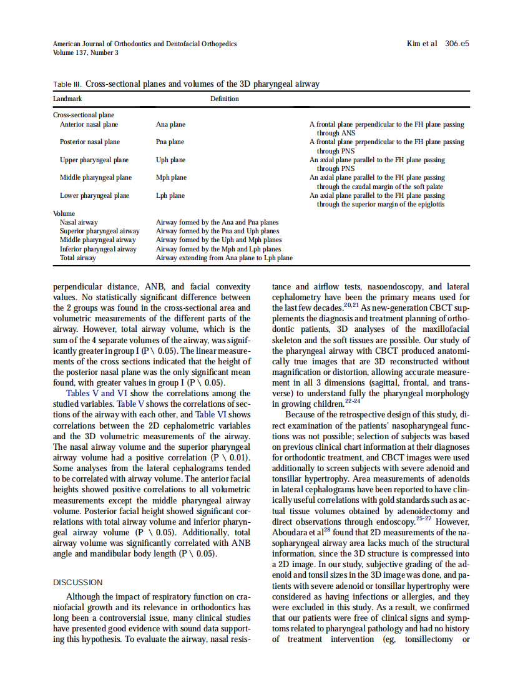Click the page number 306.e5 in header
tap(457, 44)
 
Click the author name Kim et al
tap(421, 44)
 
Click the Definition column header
tap(224, 99)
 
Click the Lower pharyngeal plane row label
tap(94, 195)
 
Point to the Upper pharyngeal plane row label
tap(94, 160)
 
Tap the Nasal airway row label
tap(79, 222)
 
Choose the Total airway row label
tap(77, 258)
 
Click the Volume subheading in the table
tap(64, 213)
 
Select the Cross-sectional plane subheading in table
tap(83, 115)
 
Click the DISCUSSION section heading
tap(77, 582)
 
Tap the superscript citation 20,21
tap(351, 306)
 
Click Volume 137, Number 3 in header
tap(86, 52)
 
